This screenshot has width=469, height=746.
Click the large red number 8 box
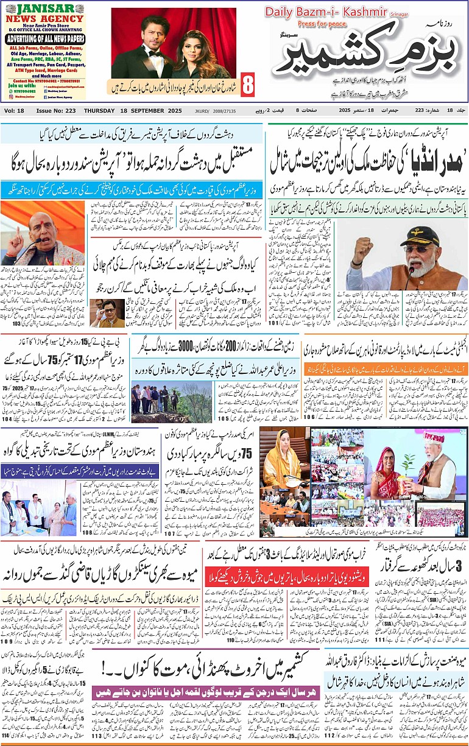[248, 85]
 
